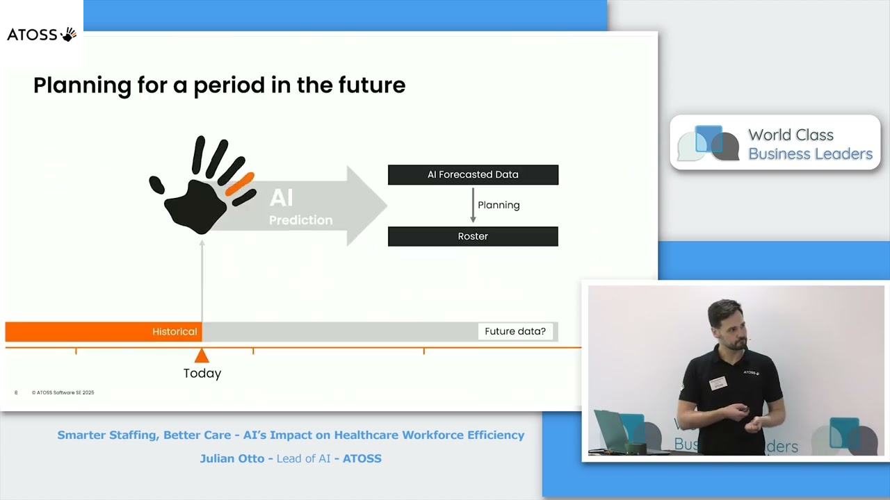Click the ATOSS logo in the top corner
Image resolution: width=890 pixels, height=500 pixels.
pyautogui.click(x=42, y=34)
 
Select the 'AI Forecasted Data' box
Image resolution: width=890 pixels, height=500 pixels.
pyautogui.click(x=473, y=175)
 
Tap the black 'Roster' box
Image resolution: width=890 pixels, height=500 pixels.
pyautogui.click(x=473, y=237)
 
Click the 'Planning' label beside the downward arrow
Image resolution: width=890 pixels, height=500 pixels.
pyautogui.click(x=499, y=206)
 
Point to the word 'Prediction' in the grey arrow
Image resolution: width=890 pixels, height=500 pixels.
pyautogui.click(x=300, y=220)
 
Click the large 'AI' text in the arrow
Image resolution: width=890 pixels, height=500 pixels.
pyautogui.click(x=281, y=198)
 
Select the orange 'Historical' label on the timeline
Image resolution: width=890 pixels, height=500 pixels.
pyautogui.click(x=175, y=332)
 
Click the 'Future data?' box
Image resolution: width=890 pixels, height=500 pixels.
pyautogui.click(x=515, y=332)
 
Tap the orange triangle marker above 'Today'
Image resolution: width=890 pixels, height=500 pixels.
pyautogui.click(x=202, y=356)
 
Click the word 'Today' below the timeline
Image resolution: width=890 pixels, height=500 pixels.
pyautogui.click(x=202, y=374)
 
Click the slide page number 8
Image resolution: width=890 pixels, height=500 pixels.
pyautogui.click(x=16, y=393)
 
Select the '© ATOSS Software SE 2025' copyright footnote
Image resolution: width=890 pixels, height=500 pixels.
pyautogui.click(x=63, y=393)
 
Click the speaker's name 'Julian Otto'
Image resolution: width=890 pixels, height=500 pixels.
pyautogui.click(x=233, y=458)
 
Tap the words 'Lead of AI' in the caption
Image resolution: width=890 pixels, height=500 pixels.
pyautogui.click(x=303, y=458)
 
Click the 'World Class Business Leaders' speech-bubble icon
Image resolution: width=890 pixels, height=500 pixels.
pyautogui.click(x=708, y=144)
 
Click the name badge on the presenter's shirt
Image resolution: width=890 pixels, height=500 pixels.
pyautogui.click(x=718, y=383)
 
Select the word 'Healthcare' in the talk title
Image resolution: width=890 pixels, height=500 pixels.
pyautogui.click(x=367, y=435)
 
